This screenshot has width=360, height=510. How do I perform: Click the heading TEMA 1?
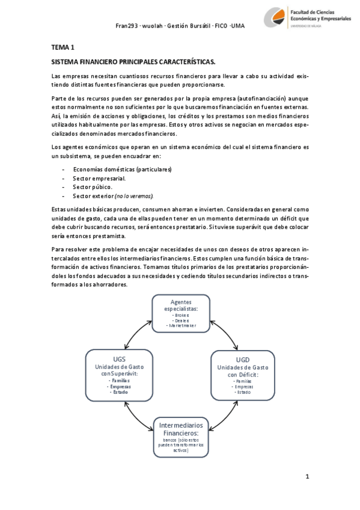[x=63, y=47]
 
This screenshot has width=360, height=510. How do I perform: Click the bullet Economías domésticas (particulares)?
[x=122, y=170]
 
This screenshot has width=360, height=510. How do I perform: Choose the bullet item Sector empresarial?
[x=99, y=179]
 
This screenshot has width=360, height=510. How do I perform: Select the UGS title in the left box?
[x=119, y=358]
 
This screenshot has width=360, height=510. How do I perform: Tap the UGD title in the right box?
[x=242, y=359]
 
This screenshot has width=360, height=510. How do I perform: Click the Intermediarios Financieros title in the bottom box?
[x=180, y=428]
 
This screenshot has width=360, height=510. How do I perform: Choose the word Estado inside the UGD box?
[x=243, y=392]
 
